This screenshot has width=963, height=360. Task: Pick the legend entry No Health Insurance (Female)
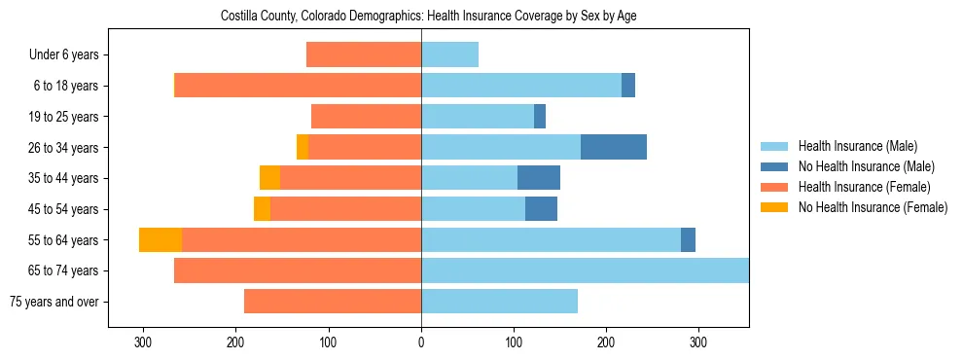(873, 207)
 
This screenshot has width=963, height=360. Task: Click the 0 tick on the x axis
(421, 342)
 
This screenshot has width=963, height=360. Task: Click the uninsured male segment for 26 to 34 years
(614, 147)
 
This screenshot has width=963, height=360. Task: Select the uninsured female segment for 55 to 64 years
(160, 239)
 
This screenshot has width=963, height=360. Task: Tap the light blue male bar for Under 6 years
(449, 54)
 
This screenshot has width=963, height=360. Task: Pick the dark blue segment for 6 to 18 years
(628, 86)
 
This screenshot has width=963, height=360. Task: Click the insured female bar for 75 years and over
(333, 302)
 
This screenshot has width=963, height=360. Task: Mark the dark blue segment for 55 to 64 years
(688, 239)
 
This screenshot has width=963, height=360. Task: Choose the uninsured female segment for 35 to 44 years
(269, 178)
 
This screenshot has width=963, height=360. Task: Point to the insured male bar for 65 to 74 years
(584, 270)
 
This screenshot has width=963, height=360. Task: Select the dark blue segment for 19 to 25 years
(540, 117)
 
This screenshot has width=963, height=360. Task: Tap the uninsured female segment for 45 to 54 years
(262, 209)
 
